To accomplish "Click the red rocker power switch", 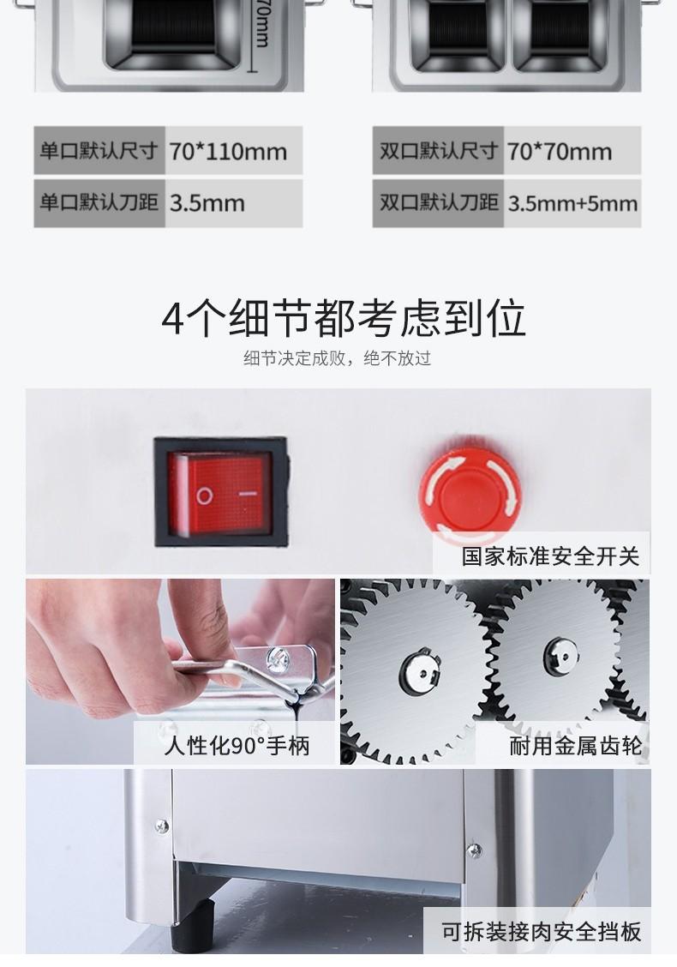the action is click(x=221, y=492).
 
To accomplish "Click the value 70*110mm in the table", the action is click(x=228, y=151).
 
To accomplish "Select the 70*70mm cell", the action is click(x=560, y=151).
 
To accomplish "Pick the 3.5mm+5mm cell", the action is click(x=572, y=203).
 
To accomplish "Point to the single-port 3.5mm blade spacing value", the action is click(x=207, y=203).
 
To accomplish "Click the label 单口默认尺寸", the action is click(x=99, y=151).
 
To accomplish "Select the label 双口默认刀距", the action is click(x=439, y=203).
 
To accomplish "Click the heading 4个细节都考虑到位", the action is click(x=344, y=319).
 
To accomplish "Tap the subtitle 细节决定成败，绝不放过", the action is click(x=338, y=358).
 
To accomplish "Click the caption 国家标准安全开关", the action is click(x=551, y=556).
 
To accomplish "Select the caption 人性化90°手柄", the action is click(x=237, y=746).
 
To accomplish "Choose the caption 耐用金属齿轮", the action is click(x=575, y=746).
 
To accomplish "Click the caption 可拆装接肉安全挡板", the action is click(x=542, y=931).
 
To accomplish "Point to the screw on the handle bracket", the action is click(x=277, y=660).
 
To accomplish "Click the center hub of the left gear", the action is click(x=420, y=671).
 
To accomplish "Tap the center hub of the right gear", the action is click(x=560, y=655).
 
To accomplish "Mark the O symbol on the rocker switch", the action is click(x=205, y=496).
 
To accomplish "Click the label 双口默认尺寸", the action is click(x=439, y=151).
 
